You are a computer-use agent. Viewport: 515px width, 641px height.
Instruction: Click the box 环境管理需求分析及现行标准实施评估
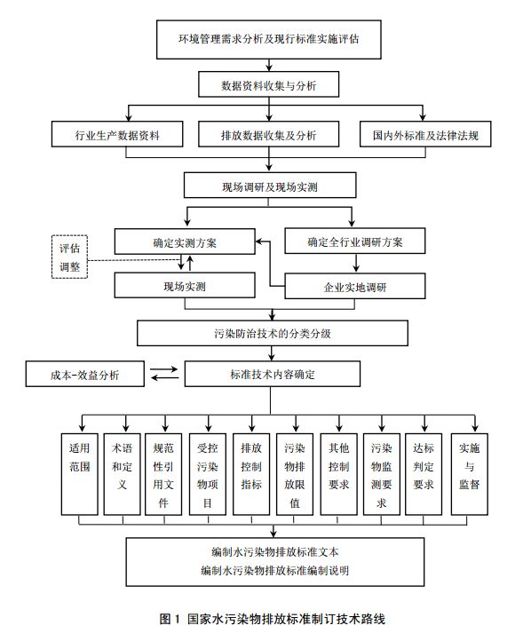click(x=269, y=39)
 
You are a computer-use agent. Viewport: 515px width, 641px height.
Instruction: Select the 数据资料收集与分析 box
click(x=268, y=84)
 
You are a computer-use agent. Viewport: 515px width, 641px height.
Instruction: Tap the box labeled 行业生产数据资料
click(x=117, y=134)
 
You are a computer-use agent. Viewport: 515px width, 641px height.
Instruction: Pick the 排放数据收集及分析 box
click(x=268, y=134)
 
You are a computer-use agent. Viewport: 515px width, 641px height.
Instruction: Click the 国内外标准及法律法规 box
click(x=425, y=134)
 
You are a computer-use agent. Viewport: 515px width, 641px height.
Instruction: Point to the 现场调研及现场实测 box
click(x=270, y=186)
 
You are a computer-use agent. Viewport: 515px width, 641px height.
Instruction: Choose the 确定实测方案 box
click(x=185, y=241)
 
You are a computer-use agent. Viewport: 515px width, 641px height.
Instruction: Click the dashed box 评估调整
click(x=69, y=257)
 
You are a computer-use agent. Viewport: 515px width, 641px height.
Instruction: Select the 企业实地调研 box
click(x=355, y=286)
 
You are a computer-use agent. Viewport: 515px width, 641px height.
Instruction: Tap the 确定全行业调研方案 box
click(x=355, y=241)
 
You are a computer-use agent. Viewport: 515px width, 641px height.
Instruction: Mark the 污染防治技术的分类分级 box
click(x=273, y=333)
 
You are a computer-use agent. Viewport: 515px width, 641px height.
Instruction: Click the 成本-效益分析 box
click(x=85, y=374)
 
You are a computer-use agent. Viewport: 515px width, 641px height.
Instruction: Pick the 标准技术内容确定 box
click(x=273, y=374)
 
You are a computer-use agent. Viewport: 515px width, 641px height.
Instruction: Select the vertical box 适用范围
click(x=80, y=474)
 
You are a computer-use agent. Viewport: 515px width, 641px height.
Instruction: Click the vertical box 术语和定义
click(x=123, y=474)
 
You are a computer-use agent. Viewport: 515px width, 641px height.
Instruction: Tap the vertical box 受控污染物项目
click(x=208, y=474)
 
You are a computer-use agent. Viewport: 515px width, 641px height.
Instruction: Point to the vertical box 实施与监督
click(x=469, y=474)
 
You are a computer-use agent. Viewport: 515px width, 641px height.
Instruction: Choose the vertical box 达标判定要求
click(x=424, y=474)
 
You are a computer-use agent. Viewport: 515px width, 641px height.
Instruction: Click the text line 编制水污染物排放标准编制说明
click(x=274, y=570)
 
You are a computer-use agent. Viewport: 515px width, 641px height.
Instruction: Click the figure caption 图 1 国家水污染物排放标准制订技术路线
click(x=273, y=619)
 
